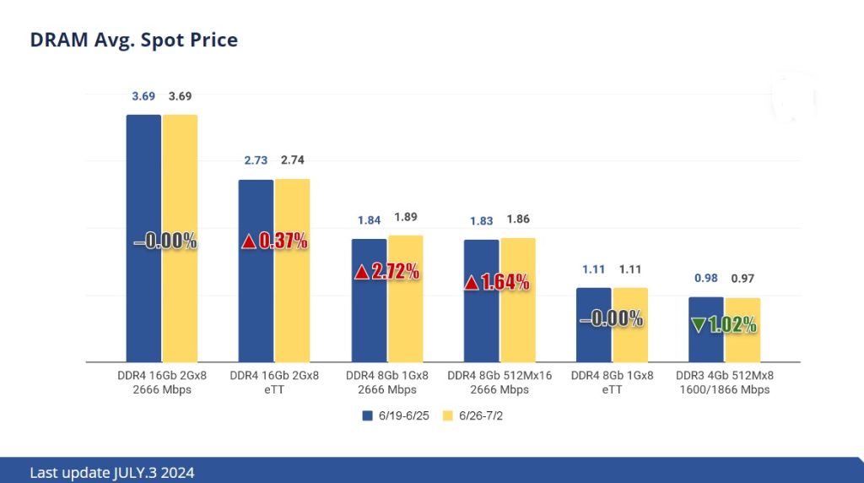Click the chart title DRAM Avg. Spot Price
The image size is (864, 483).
tap(133, 40)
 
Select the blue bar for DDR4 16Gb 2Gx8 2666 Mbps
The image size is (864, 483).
tap(143, 169)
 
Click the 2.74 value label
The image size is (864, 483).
tap(293, 160)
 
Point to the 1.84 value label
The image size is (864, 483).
tap(369, 220)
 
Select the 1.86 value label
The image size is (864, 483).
tap(518, 220)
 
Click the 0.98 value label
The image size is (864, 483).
tap(706, 278)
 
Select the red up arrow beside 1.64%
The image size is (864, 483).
tap(472, 283)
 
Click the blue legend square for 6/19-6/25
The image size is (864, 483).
tap(367, 415)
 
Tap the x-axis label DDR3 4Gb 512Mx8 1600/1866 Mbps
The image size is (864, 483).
tap(724, 383)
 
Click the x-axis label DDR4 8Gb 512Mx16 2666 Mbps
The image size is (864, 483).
tap(499, 383)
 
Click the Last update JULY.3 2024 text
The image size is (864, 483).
tap(111, 473)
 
